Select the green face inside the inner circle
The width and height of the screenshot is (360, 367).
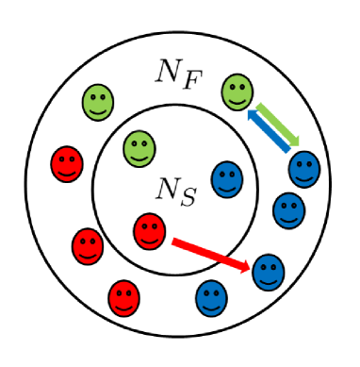(x=139, y=146)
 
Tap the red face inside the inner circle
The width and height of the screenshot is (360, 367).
(x=148, y=230)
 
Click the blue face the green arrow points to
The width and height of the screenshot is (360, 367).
(x=304, y=169)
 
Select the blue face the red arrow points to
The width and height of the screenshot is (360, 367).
(x=269, y=272)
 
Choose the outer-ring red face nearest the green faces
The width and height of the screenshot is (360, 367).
(x=67, y=165)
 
